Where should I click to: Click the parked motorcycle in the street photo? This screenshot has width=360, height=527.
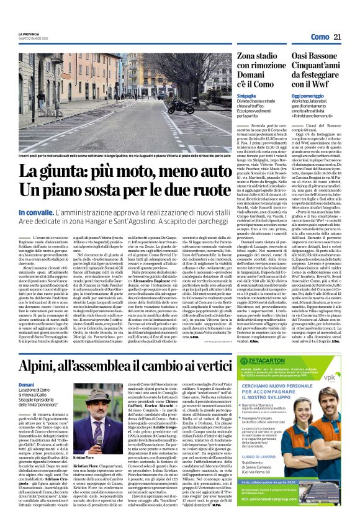click(x=181, y=107)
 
